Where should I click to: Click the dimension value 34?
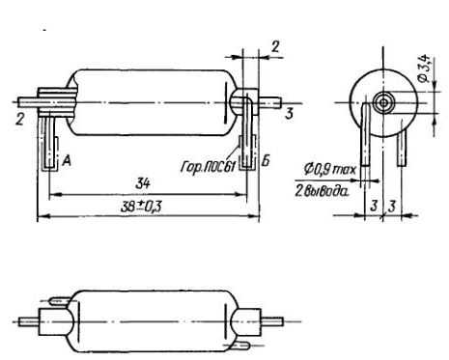(143, 184)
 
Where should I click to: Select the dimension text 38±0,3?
(141, 207)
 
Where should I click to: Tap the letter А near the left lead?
(66, 160)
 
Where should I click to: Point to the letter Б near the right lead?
(266, 160)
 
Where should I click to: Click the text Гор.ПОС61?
(209, 167)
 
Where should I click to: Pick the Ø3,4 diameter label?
(426, 69)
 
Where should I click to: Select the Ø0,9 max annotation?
(330, 169)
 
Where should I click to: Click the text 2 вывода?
(322, 191)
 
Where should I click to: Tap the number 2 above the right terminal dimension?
(275, 46)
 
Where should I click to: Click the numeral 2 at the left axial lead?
(20, 120)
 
